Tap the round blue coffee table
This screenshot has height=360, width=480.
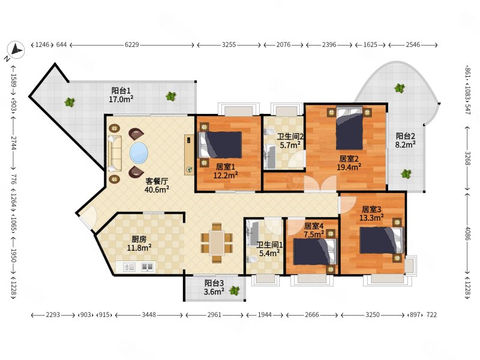(139, 153)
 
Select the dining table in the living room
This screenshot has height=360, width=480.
(217, 242)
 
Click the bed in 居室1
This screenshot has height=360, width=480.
(220, 145)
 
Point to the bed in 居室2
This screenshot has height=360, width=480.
(349, 128)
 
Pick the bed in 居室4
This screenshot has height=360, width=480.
(314, 251)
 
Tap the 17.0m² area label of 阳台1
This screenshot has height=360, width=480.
(121, 99)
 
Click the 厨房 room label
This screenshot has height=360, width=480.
(139, 239)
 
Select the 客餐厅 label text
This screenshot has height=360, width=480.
(157, 181)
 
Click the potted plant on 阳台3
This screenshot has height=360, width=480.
(235, 290)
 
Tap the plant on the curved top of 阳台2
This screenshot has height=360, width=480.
(400, 88)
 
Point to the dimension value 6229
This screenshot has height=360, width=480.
(131, 44)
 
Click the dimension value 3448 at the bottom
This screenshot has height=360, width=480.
(149, 314)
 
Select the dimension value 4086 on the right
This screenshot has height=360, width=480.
(467, 234)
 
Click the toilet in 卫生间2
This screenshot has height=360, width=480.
(269, 132)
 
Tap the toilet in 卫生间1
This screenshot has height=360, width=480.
(252, 260)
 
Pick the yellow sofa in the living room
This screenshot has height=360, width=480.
(114, 153)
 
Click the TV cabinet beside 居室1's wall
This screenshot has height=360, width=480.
(189, 155)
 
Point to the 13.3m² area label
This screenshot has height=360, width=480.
(371, 218)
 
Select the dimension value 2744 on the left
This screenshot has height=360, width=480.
(13, 143)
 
